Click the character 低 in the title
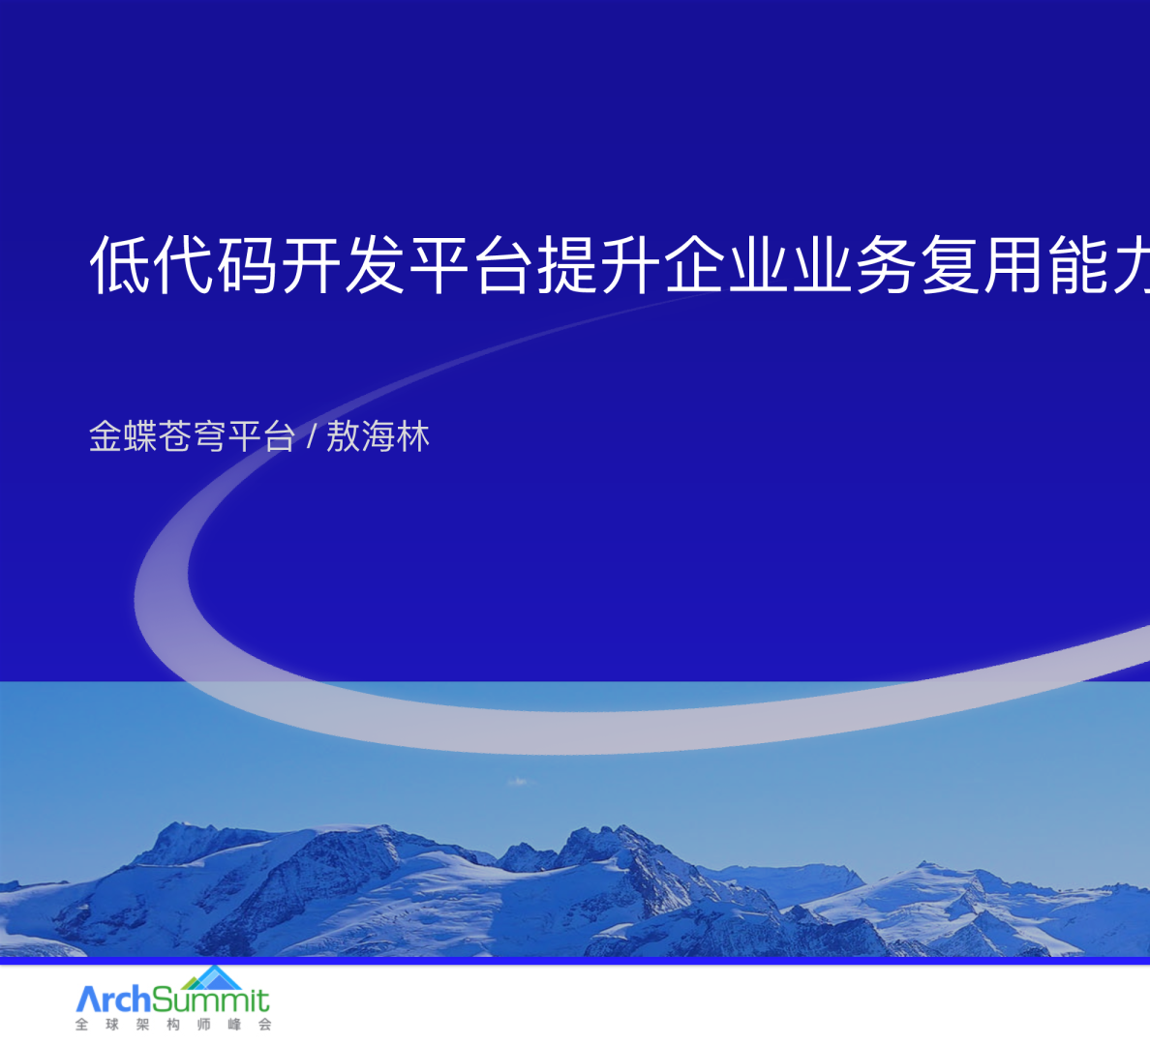[x=120, y=264]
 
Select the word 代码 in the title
[x=216, y=264]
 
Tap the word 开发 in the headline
[x=344, y=264]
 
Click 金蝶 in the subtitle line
[x=123, y=436]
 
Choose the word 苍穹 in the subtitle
[x=193, y=436]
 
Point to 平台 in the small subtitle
[x=261, y=436]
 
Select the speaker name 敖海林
[x=378, y=436]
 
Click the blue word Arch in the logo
[x=113, y=998]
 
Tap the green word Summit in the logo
[x=210, y=1000]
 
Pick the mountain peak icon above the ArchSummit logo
[x=213, y=975]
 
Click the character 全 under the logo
[x=82, y=1025]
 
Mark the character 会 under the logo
[x=264, y=1025]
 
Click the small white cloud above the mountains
[x=519, y=781]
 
